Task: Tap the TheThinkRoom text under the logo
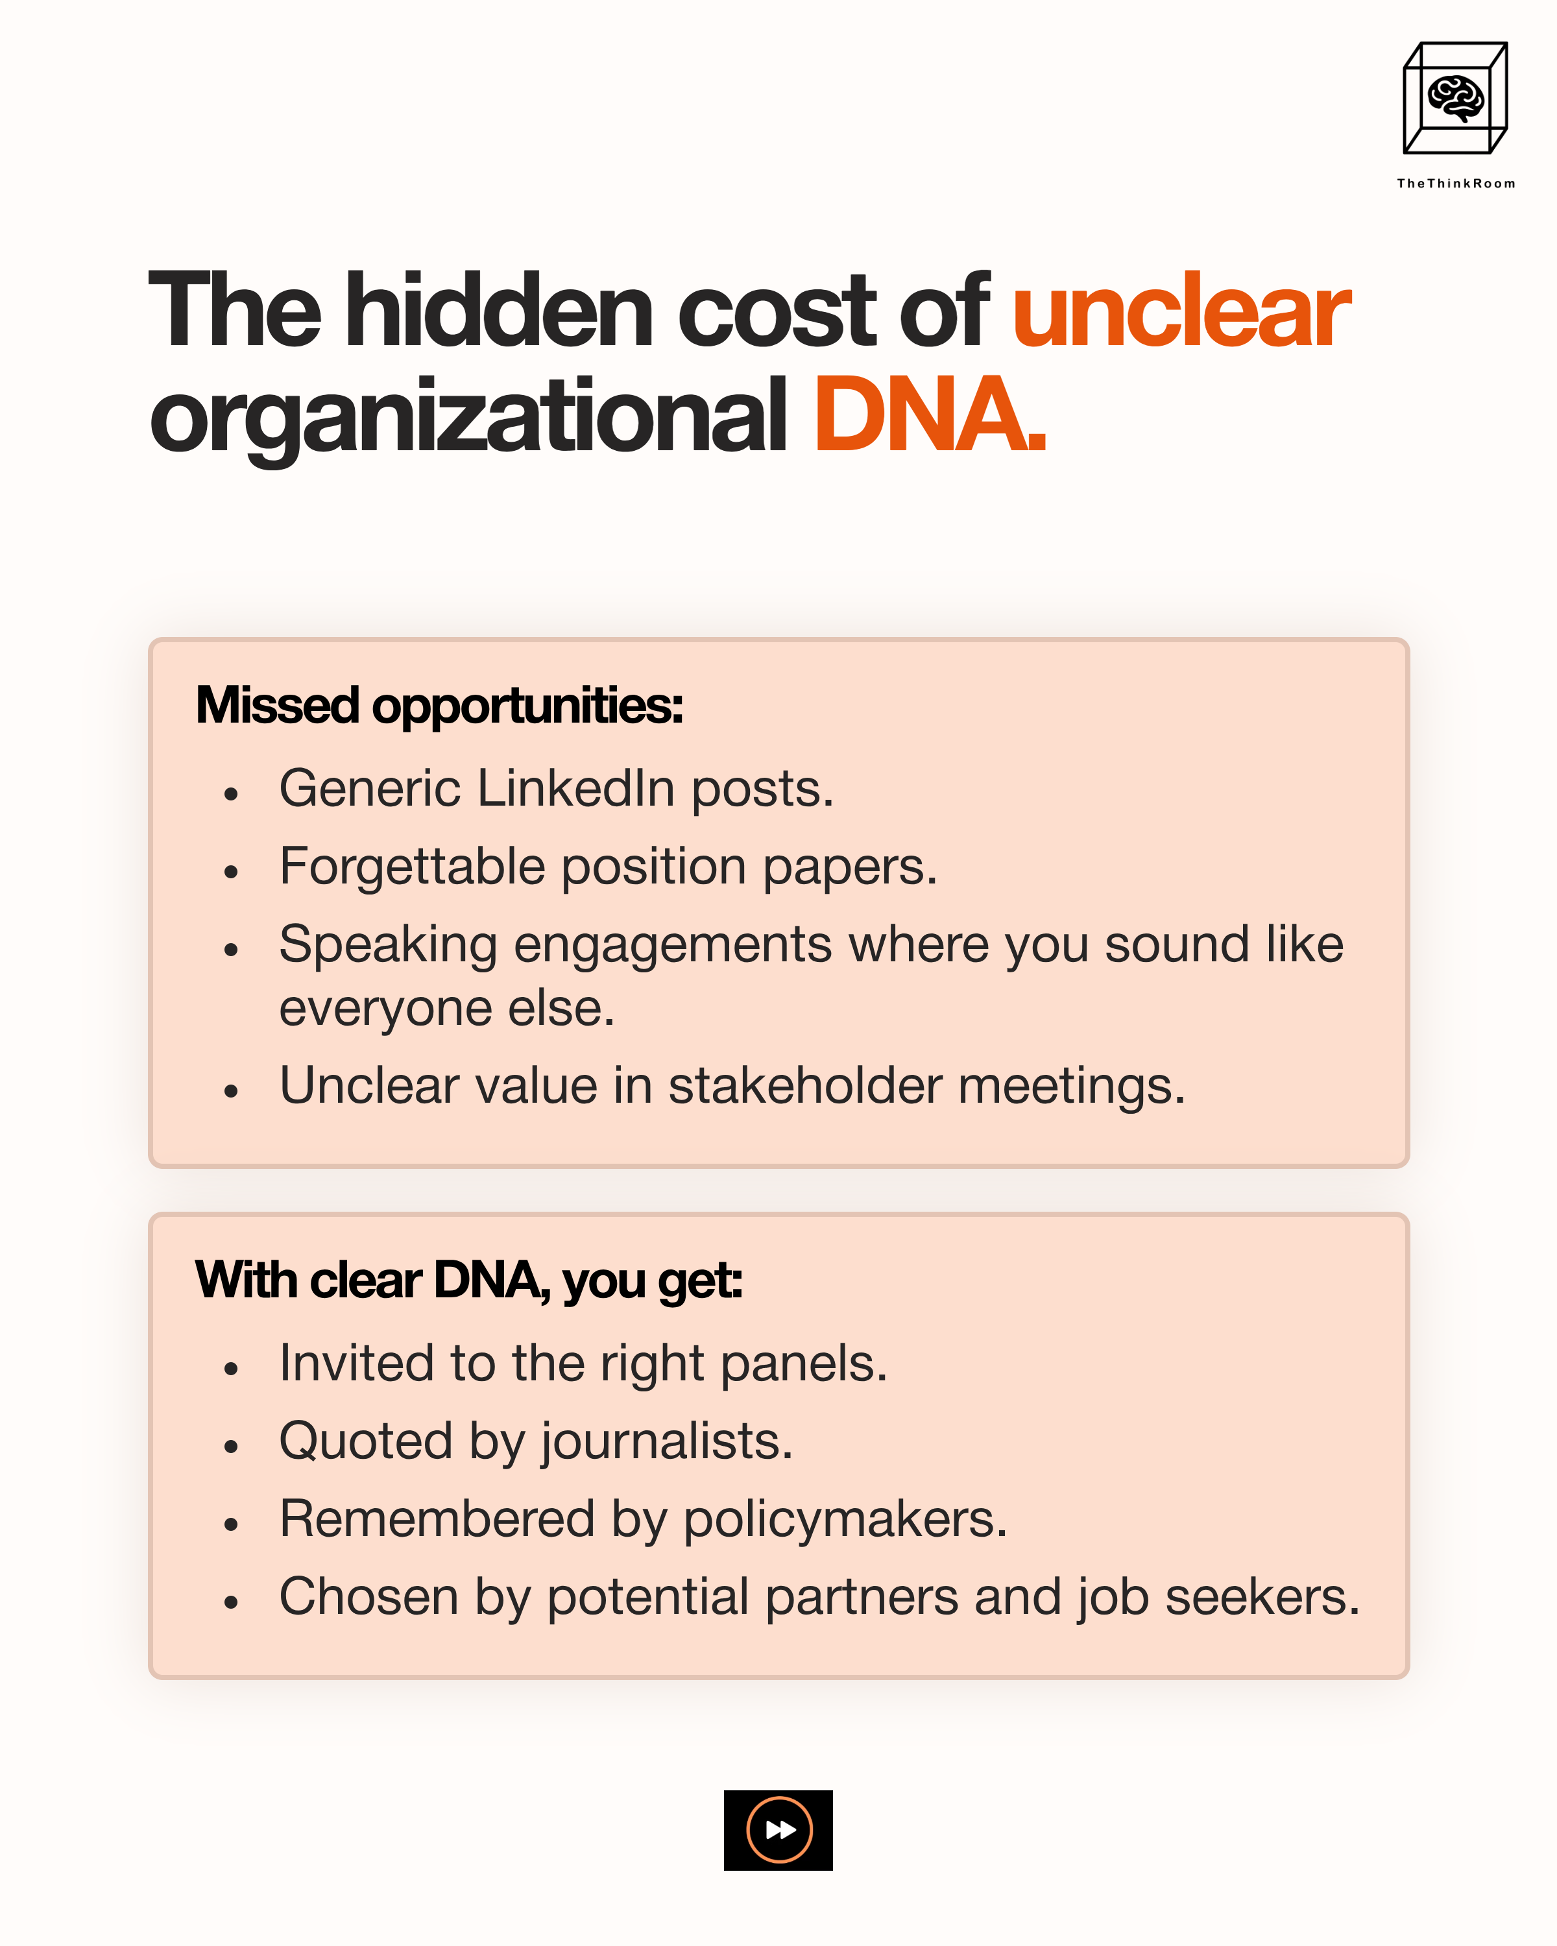[1456, 183]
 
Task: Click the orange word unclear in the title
[1181, 312]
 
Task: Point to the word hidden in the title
[498, 311]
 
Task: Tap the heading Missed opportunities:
[440, 705]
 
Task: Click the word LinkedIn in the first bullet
[576, 789]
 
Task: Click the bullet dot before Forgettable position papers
[231, 872]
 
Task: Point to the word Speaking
[388, 946]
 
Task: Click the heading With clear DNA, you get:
[468, 1280]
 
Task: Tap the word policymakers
[845, 1520]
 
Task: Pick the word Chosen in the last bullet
[368, 1598]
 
